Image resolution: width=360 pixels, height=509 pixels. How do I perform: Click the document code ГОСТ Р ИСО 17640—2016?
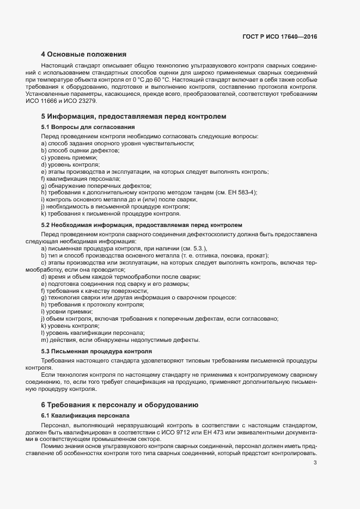(279, 37)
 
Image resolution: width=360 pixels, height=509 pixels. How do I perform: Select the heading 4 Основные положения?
(84, 54)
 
